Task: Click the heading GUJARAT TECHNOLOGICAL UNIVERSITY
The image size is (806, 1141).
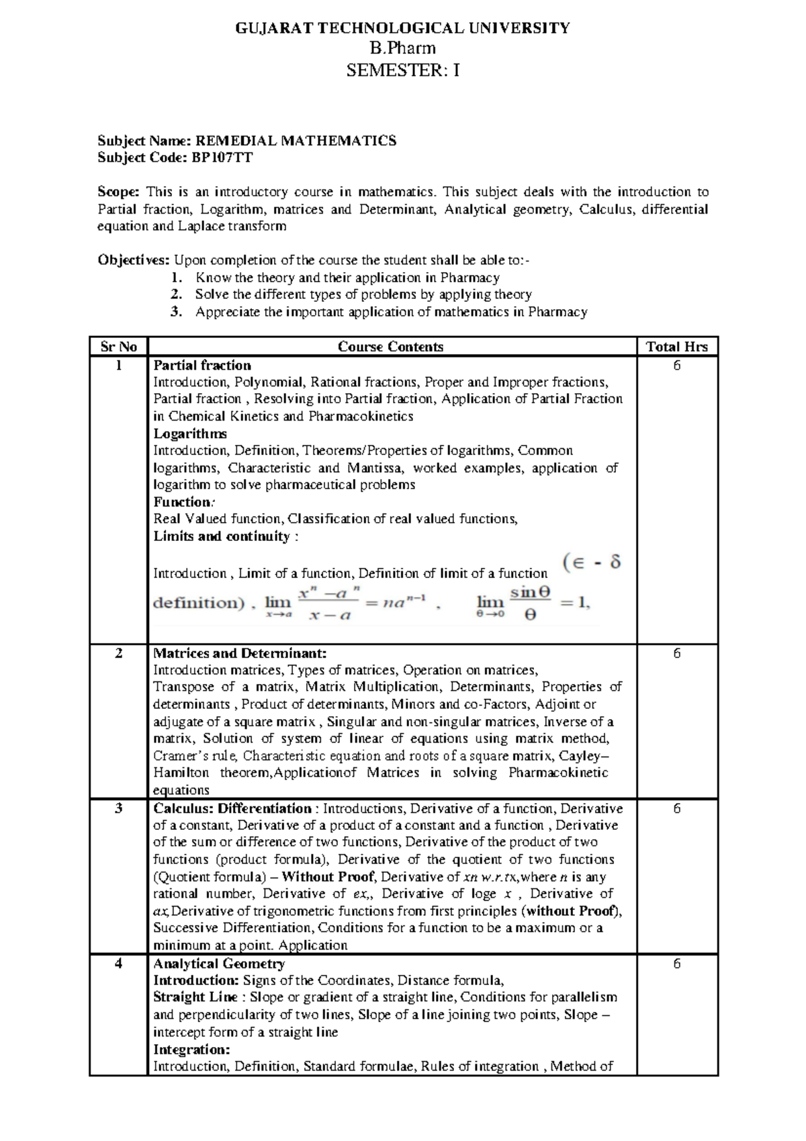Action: [x=402, y=28]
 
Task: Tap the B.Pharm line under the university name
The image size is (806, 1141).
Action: [x=402, y=48]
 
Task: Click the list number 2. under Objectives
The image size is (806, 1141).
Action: [x=176, y=294]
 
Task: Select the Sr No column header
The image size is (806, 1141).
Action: [x=118, y=347]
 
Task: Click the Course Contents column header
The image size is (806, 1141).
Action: [x=390, y=347]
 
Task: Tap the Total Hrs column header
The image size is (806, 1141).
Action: [x=676, y=347]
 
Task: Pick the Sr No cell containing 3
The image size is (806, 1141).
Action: [x=118, y=808]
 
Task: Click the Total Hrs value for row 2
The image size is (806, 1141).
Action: [x=676, y=653]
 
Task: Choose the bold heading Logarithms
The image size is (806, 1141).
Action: [x=190, y=433]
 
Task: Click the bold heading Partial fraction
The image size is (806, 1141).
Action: [x=202, y=366]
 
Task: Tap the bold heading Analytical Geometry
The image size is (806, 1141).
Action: [x=219, y=964]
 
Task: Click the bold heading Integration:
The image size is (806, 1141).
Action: [x=191, y=1050]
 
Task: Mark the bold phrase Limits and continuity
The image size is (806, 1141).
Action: [x=221, y=536]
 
